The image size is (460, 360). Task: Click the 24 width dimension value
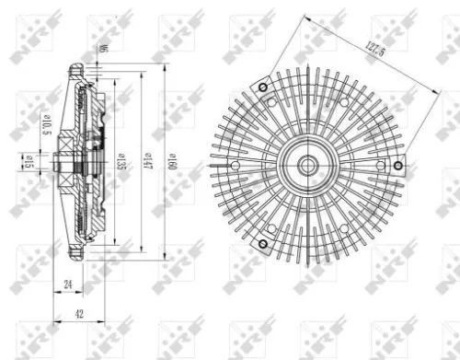point(69,285)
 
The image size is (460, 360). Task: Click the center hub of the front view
point(306,166)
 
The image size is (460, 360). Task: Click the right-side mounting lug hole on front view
point(396,166)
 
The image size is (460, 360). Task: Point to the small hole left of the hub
point(236,167)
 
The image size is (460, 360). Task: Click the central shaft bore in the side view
point(63,166)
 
